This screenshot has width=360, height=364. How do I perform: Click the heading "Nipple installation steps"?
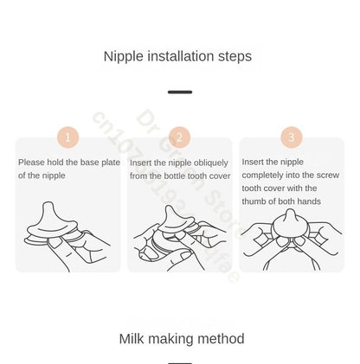pyautogui.click(x=177, y=56)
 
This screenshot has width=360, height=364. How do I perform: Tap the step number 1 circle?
pyautogui.click(x=68, y=137)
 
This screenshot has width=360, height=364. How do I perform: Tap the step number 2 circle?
pyautogui.click(x=180, y=137)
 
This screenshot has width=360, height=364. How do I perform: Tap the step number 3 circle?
pyautogui.click(x=292, y=137)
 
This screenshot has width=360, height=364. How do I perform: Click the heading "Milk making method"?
pyautogui.click(x=181, y=338)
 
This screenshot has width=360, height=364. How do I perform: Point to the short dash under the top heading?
pyautogui.click(x=180, y=92)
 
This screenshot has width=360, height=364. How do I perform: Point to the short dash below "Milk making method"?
pyautogui.click(x=180, y=362)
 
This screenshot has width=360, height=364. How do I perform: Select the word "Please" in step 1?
pyautogui.click(x=32, y=163)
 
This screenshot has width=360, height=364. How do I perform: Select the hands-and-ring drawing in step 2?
pyautogui.click(x=179, y=235)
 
